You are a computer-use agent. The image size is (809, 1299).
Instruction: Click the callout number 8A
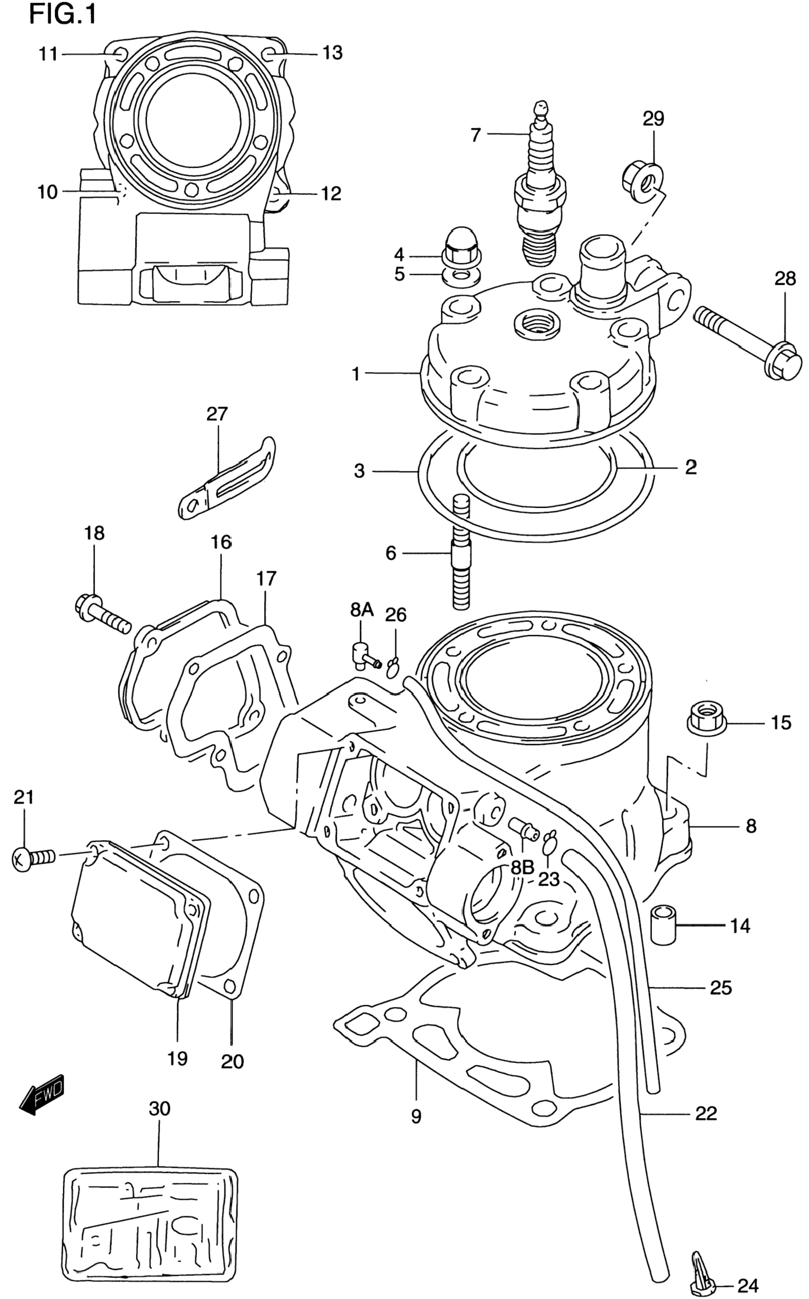[362, 610]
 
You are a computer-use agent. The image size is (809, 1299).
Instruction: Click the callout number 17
[266, 578]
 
